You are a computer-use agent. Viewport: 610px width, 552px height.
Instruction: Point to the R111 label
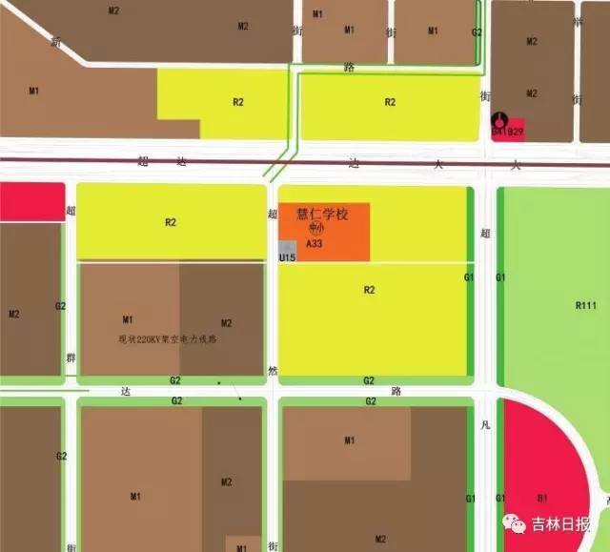(x=585, y=305)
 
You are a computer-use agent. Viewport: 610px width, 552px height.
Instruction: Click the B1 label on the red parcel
(x=541, y=497)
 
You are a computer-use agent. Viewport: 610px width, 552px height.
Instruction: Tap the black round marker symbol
(x=498, y=121)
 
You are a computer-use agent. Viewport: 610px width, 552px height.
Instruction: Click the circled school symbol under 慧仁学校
(x=317, y=229)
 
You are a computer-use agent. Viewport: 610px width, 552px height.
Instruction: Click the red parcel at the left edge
(x=30, y=201)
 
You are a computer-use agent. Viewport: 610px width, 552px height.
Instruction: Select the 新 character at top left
(x=55, y=43)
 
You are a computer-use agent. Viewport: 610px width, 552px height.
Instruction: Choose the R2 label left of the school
(x=171, y=222)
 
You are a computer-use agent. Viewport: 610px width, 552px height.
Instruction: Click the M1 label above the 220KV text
(x=129, y=319)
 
